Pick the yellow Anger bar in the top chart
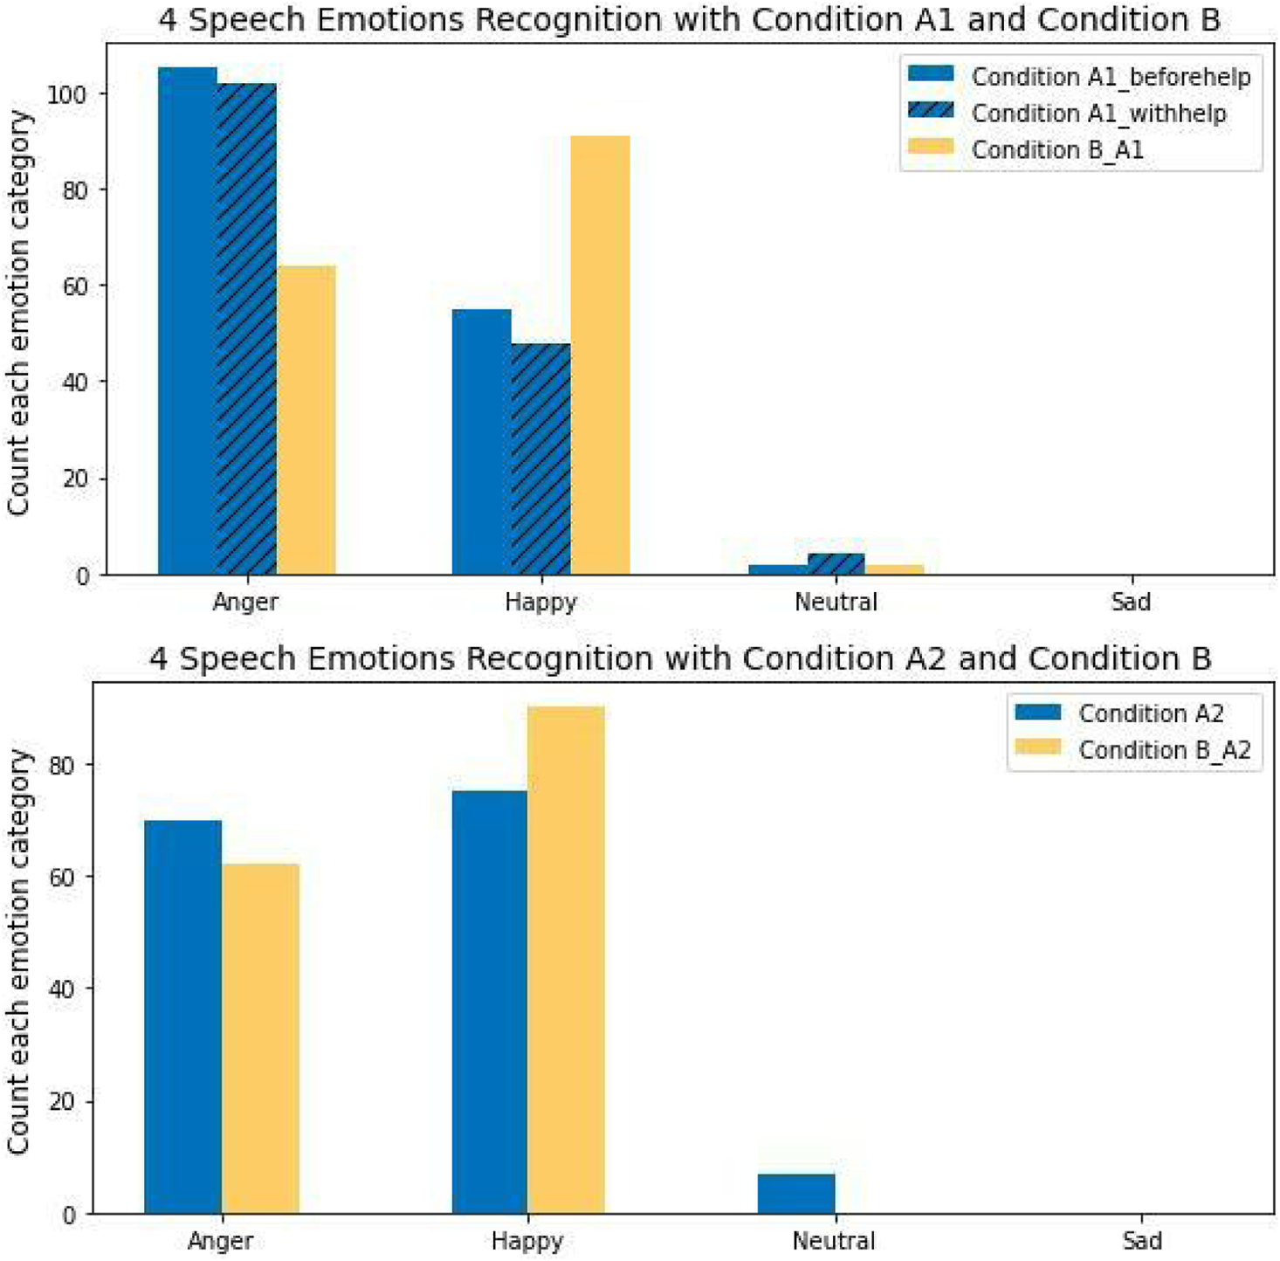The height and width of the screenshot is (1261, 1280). pyautogui.click(x=306, y=420)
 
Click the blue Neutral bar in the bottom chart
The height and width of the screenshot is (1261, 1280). pyautogui.click(x=796, y=1194)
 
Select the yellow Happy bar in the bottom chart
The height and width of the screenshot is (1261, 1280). pyautogui.click(x=566, y=960)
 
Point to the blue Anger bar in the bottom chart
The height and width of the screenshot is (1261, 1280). pyautogui.click(x=182, y=1016)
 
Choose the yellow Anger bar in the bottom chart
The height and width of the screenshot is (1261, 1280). pyautogui.click(x=260, y=1038)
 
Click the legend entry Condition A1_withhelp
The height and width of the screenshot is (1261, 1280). pyautogui.click(x=1098, y=114)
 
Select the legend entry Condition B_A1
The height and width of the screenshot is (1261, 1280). pyautogui.click(x=1056, y=150)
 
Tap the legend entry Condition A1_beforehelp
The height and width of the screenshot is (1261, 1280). pyautogui.click(x=1111, y=77)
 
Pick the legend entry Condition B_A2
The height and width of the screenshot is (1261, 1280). pyautogui.click(x=1164, y=750)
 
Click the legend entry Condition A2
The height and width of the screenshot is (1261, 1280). pyautogui.click(x=1150, y=713)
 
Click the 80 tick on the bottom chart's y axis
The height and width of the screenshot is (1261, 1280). pyautogui.click(x=68, y=765)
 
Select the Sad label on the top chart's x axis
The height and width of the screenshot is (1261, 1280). pyautogui.click(x=1131, y=603)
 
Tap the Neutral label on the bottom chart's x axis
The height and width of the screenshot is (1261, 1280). pyautogui.click(x=834, y=1241)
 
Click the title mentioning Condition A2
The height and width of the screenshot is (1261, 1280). pyautogui.click(x=680, y=658)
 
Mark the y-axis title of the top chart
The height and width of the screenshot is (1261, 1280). pyautogui.click(x=19, y=313)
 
